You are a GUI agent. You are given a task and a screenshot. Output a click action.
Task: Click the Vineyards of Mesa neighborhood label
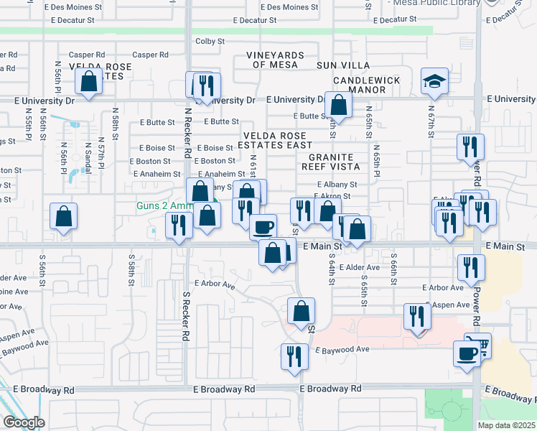[x=275, y=60]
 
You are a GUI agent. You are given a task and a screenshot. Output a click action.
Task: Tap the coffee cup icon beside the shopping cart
[x=467, y=354]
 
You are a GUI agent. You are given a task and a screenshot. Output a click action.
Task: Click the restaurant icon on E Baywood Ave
[x=293, y=357]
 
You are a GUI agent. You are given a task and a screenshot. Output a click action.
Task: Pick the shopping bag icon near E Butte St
[x=338, y=105]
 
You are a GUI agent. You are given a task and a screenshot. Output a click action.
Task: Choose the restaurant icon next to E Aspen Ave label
[x=416, y=317]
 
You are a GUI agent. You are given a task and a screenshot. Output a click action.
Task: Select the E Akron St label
[x=334, y=195]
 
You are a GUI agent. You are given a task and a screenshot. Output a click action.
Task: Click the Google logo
[x=23, y=422]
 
